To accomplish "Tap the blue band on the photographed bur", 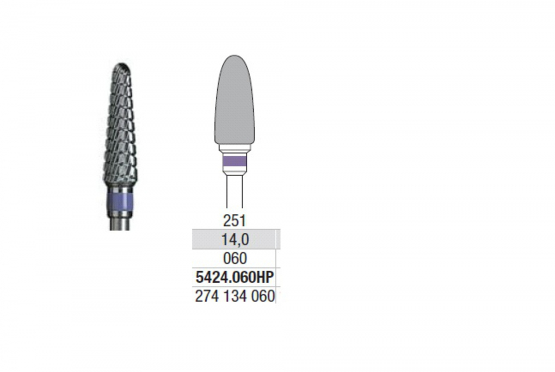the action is click(120, 202).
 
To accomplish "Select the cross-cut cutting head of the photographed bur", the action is click(120, 124).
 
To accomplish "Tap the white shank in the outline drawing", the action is click(234, 191).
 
